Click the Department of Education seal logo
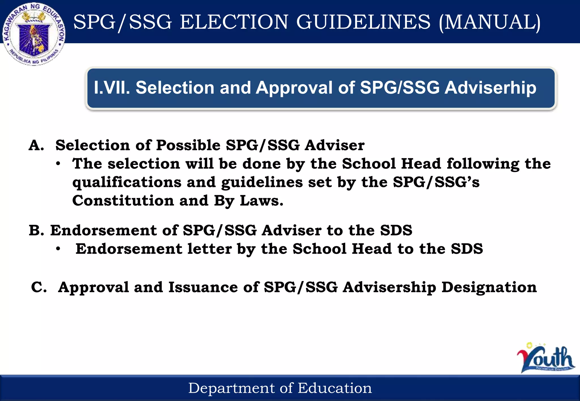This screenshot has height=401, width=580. [x=34, y=34]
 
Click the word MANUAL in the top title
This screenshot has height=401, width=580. [x=490, y=22]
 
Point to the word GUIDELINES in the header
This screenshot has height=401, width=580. [x=363, y=22]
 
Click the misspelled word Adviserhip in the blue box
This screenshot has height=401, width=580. [x=490, y=88]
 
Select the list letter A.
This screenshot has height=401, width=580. [x=36, y=145]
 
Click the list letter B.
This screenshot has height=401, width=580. [x=36, y=230]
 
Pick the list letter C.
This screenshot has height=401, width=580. [x=39, y=287]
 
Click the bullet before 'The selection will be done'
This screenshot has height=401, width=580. [x=58, y=164]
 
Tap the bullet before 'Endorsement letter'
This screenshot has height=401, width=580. [x=58, y=249]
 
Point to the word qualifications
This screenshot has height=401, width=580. [x=127, y=182]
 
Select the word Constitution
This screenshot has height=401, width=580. [x=123, y=201]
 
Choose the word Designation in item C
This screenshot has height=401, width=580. [x=489, y=287]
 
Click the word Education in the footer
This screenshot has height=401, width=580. [x=335, y=388]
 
